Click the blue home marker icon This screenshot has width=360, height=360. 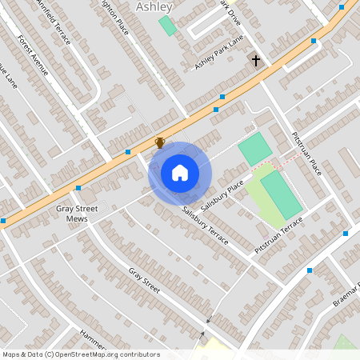click(180, 172)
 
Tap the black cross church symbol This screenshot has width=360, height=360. click(256, 61)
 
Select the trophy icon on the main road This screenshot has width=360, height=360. click(160, 142)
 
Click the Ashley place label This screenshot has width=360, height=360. click(154, 6)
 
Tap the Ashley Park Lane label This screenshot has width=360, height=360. click(218, 54)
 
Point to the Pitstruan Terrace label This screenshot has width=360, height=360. click(278, 235)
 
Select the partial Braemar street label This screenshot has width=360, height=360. click(346, 294)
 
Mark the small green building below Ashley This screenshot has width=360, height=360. click(167, 25)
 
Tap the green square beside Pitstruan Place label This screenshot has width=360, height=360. click(255, 149)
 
